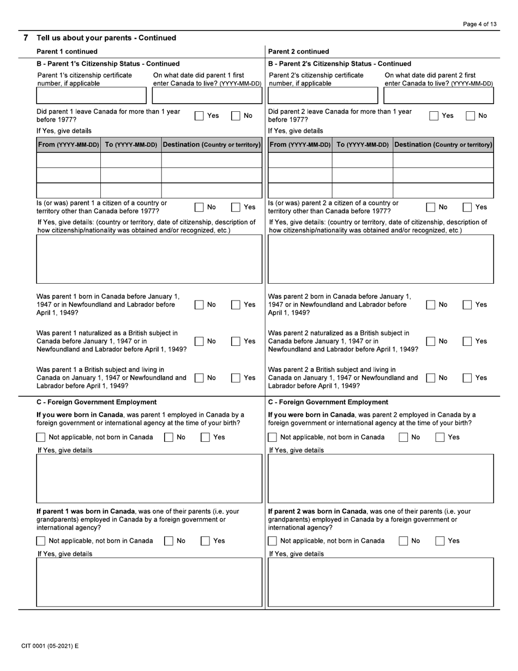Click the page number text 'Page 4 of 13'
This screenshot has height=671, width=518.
(479, 24)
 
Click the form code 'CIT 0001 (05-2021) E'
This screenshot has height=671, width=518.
(50, 646)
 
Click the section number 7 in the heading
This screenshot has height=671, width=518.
(26, 38)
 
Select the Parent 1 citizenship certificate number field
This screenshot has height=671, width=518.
(91, 96)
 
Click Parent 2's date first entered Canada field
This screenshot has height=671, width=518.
(438, 96)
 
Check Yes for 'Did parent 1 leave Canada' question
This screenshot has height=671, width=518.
(200, 116)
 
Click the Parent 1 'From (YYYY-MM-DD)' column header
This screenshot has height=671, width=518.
(68, 145)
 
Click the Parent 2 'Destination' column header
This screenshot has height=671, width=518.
(443, 145)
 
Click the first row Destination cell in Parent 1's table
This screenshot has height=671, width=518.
(212, 160)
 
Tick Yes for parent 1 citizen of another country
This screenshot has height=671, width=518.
(236, 207)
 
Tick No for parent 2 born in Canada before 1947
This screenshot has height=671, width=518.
(430, 305)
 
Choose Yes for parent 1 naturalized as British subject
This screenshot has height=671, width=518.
(236, 342)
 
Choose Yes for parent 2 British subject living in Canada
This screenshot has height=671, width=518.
(467, 378)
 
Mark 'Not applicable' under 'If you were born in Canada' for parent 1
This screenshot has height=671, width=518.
(41, 438)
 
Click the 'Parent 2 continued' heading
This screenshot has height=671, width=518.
(299, 52)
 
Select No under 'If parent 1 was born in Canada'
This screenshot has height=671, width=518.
(169, 541)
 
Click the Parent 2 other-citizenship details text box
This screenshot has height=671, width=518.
(381, 259)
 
